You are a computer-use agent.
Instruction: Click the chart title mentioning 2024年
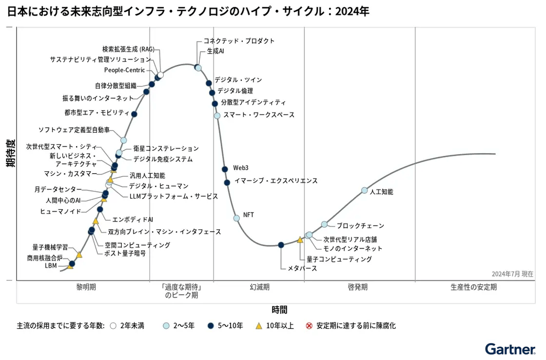[x=188, y=11]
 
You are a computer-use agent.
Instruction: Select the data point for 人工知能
[x=364, y=190]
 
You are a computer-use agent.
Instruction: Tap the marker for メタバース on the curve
[x=281, y=245]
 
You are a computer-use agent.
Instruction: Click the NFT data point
[x=236, y=218]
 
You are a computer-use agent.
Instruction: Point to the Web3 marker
[x=225, y=169]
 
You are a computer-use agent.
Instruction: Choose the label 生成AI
[x=215, y=51]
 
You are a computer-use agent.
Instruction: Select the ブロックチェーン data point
[x=325, y=224]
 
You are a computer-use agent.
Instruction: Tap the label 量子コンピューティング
[x=339, y=259]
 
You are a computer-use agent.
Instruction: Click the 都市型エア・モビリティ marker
[x=134, y=114]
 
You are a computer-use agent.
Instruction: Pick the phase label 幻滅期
[x=259, y=287]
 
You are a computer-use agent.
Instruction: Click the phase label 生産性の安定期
[x=473, y=287]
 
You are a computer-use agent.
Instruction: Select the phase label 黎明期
[x=86, y=287]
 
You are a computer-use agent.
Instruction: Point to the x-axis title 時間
[x=279, y=309]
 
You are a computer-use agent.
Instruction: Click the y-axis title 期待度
[x=10, y=153]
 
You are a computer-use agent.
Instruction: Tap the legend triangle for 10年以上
[x=259, y=326]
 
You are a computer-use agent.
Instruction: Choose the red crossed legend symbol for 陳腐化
[x=309, y=326]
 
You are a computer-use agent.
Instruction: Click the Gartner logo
[x=510, y=349]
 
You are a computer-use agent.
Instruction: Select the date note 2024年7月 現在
[x=512, y=274]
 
